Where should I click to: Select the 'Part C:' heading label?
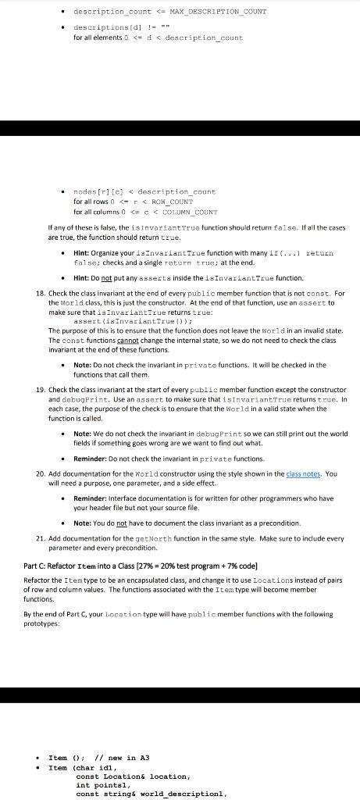point(37,565)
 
